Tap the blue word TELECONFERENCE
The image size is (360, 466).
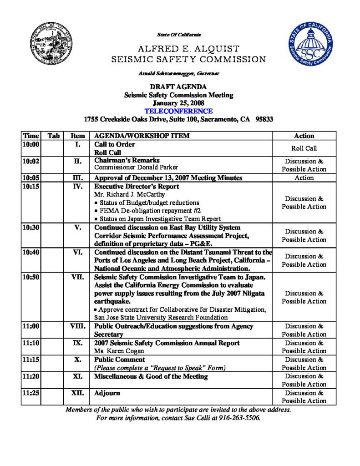coord(178,111)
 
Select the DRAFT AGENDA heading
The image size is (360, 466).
coord(178,87)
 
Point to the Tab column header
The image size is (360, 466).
coord(53,136)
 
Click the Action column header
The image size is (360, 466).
coord(304,136)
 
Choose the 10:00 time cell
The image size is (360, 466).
coord(31,145)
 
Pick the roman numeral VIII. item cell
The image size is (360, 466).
coord(77,326)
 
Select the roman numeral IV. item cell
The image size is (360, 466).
coord(77,187)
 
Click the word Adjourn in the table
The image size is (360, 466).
coord(107,393)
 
